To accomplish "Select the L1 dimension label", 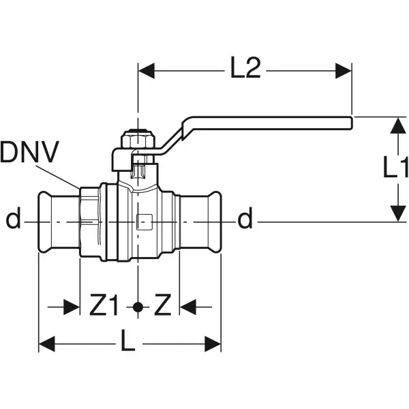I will (395, 168).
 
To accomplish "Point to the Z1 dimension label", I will (105, 307).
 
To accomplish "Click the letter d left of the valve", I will (13, 220).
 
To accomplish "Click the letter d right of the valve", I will (245, 220).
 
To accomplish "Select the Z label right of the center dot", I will (161, 307).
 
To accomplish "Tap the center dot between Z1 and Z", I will (138, 307).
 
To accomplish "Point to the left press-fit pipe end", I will (56, 221).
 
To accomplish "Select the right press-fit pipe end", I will (204, 221).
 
